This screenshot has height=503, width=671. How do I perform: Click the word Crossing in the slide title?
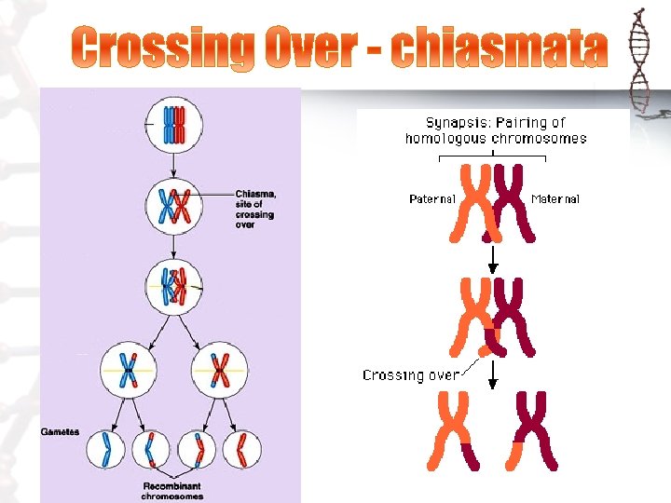pyautogui.click(x=164, y=48)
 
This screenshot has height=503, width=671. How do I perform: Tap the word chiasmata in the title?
pyautogui.click(x=498, y=48)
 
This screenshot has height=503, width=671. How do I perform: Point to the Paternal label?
pyautogui.click(x=432, y=198)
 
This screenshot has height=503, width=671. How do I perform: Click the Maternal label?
pyautogui.click(x=555, y=198)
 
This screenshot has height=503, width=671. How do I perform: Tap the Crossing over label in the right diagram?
pyautogui.click(x=410, y=375)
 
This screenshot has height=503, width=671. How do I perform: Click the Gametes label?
pyautogui.click(x=60, y=432)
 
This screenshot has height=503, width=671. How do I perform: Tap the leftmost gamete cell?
pyautogui.click(x=105, y=451)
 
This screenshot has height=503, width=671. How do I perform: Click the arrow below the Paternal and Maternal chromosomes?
pyautogui.click(x=494, y=257)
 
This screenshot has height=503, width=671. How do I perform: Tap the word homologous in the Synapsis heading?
pyautogui.click(x=441, y=138)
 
